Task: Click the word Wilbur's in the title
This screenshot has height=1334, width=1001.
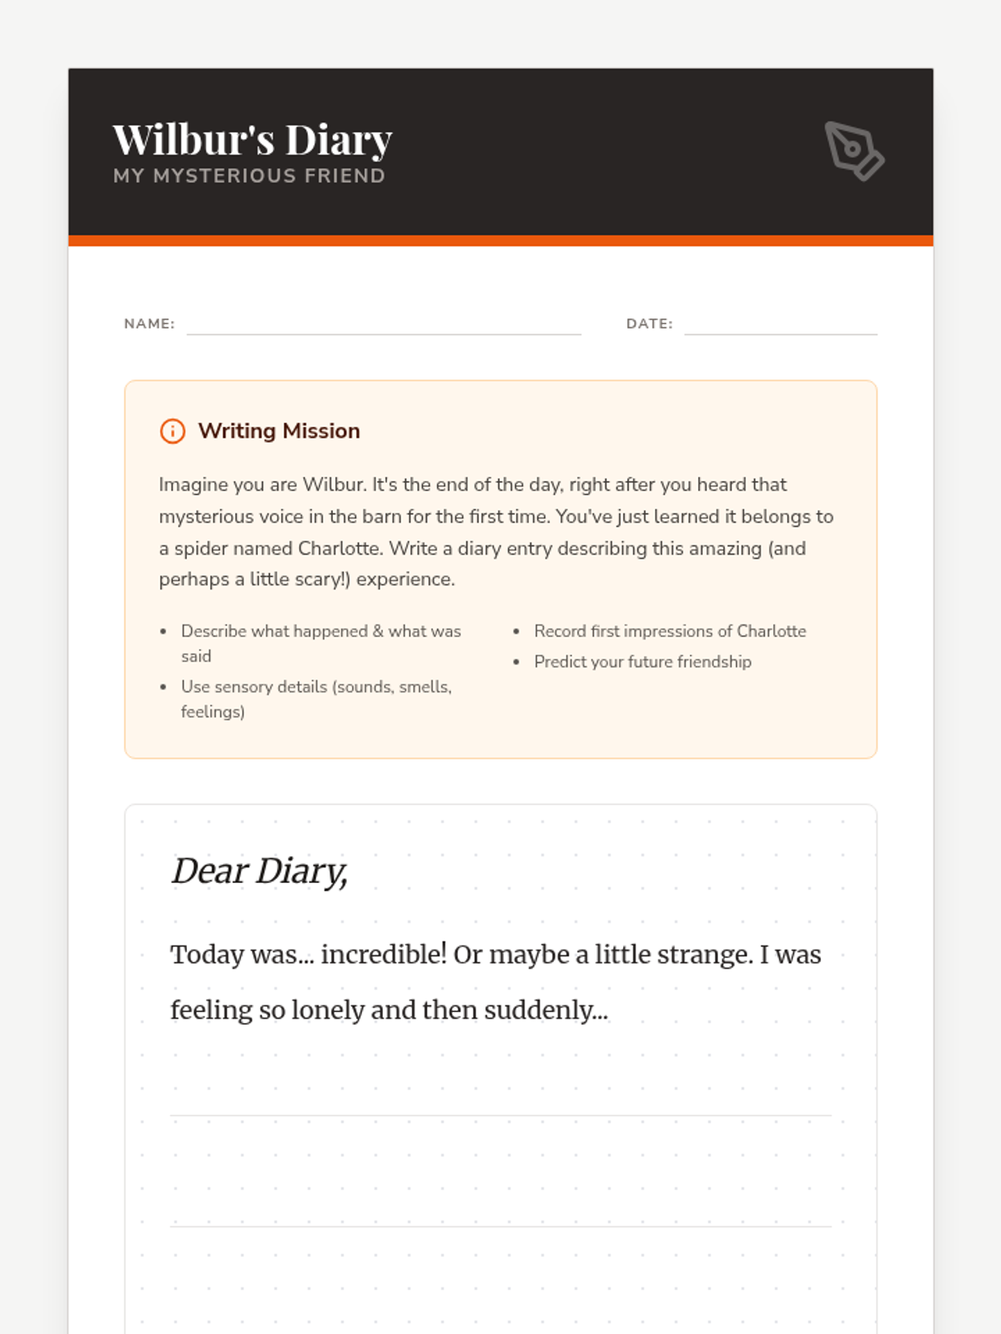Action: [194, 140]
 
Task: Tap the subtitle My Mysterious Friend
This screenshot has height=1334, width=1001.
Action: [249, 176]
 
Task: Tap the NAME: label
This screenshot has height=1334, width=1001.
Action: [149, 323]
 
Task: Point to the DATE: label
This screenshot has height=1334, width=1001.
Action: [649, 323]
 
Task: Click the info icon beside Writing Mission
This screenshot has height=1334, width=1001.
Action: [173, 431]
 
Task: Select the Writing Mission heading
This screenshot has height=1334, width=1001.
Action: [279, 431]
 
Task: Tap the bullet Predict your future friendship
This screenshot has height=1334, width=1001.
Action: [642, 662]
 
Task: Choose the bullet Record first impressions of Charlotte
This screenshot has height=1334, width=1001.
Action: [670, 631]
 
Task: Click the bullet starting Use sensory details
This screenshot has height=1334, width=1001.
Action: [316, 699]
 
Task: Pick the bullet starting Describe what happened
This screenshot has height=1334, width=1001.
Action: [320, 643]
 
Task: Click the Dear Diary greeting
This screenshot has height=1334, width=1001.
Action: [259, 871]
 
